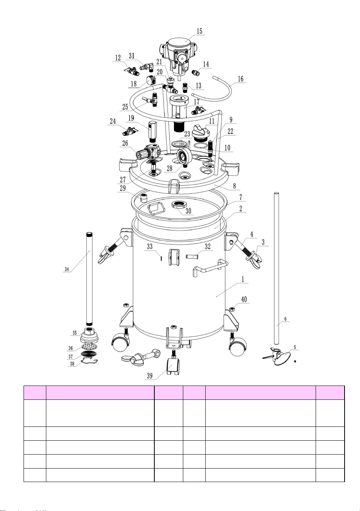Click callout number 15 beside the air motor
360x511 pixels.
click(199, 31)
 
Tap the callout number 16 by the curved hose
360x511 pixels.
click(241, 79)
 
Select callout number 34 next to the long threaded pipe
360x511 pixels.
click(67, 269)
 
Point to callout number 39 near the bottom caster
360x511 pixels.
click(150, 376)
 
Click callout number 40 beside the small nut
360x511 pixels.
click(244, 299)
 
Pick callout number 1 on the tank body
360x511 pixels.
click(243, 279)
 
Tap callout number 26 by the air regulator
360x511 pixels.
click(125, 143)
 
